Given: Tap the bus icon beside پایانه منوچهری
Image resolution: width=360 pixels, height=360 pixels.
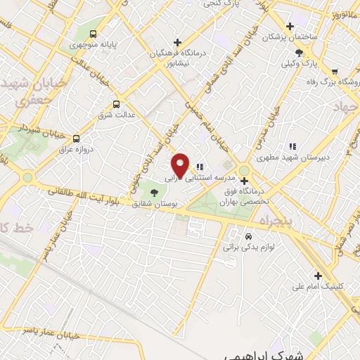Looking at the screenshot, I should click(x=94, y=34).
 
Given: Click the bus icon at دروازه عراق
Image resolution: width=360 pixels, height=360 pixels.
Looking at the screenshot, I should click(x=76, y=138).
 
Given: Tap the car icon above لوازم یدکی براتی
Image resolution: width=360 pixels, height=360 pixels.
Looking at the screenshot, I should click(x=248, y=236).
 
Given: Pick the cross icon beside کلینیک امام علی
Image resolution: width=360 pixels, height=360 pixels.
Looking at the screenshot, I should click(x=317, y=275).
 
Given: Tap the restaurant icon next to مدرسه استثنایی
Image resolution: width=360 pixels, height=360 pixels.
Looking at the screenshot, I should click(x=200, y=167).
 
